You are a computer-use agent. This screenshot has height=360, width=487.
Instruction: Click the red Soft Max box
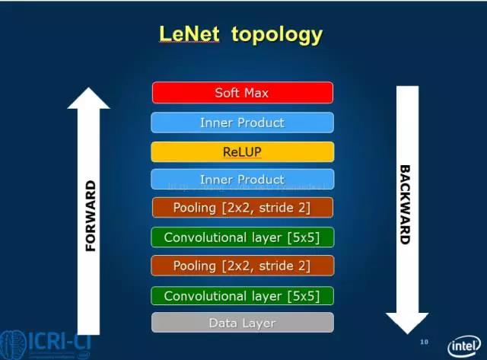242,93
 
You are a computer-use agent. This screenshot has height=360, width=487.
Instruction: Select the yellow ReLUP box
242,151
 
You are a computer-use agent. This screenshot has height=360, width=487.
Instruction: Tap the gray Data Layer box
242,323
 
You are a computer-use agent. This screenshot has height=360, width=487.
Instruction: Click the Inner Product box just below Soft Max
242,123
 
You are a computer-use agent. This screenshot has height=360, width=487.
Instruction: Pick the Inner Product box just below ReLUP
242,180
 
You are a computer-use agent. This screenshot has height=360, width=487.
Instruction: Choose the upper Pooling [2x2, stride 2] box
242,208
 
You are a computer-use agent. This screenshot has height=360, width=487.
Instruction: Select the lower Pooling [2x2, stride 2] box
242,266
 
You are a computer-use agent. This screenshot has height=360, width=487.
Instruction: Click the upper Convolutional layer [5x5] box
242,237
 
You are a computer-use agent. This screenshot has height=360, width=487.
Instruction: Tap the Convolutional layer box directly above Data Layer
242,296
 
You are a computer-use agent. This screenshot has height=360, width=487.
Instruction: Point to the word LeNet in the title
189,34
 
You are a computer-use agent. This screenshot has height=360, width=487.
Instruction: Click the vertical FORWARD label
91,216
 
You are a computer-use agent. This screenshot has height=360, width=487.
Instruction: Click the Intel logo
463,345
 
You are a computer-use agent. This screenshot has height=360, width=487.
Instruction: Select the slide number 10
424,342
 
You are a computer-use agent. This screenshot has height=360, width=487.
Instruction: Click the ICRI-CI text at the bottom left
57,343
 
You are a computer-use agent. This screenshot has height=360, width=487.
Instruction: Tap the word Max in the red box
256,93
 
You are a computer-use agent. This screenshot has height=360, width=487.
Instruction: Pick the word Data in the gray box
222,323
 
